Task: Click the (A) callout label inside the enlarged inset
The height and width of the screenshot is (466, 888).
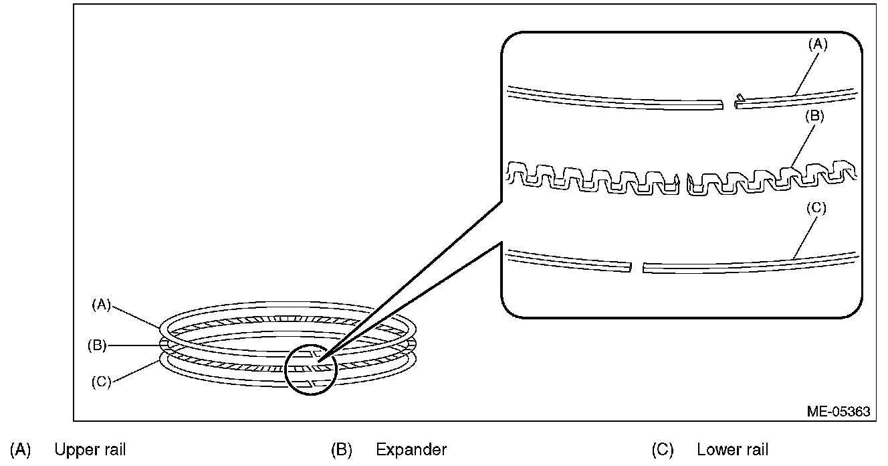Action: point(818,45)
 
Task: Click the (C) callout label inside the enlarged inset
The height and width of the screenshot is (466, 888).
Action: point(816,208)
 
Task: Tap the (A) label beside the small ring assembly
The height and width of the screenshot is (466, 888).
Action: point(100,305)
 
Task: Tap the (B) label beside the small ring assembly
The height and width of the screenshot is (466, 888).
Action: point(98,345)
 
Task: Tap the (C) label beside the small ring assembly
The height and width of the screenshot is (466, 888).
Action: point(100,382)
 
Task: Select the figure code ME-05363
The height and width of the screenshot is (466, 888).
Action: point(839,412)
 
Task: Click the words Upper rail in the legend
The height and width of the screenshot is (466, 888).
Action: point(90,450)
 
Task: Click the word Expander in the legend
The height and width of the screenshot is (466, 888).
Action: point(411,450)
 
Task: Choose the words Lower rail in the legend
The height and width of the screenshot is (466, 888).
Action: point(732,450)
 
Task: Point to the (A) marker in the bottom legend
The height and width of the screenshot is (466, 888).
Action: point(21,450)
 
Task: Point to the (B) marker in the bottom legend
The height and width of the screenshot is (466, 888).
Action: point(342,450)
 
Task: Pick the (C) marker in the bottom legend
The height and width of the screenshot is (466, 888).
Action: point(663,450)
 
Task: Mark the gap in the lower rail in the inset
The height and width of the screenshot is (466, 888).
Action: point(636,267)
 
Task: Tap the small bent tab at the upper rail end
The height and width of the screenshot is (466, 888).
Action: point(738,98)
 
